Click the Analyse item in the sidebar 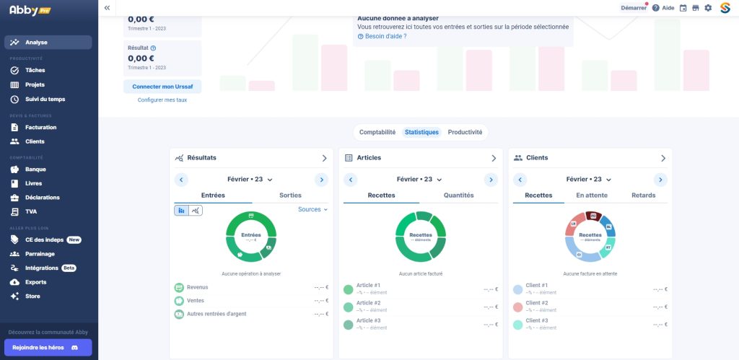(48, 43)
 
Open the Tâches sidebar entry (35, 71)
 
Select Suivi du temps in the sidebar (45, 99)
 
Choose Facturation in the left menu (40, 128)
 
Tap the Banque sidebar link (35, 170)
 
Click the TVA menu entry (31, 212)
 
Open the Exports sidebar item (35, 282)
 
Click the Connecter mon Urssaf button (162, 87)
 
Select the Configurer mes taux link (162, 100)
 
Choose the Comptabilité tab (377, 133)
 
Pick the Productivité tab (465, 133)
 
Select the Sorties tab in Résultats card (290, 196)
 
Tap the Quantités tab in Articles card (458, 196)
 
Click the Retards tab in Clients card (643, 196)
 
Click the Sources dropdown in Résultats (312, 210)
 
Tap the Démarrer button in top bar (633, 8)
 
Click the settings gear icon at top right (708, 8)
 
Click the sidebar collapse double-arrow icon (107, 8)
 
